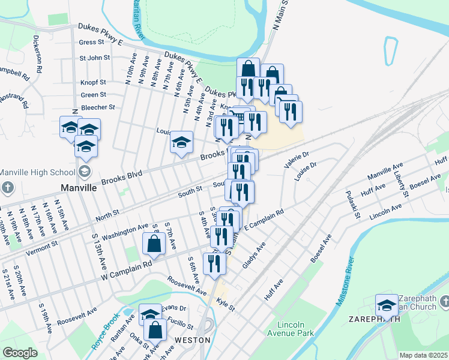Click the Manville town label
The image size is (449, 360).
(x=79, y=187)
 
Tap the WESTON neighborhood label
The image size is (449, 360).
(x=192, y=340)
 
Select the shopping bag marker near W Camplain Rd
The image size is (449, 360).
(x=154, y=244)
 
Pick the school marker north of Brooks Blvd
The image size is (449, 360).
(x=181, y=143)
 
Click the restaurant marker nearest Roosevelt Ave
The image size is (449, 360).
(x=214, y=263)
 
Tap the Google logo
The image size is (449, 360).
(x=20, y=352)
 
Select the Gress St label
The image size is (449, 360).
(x=91, y=42)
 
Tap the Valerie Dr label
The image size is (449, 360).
(x=296, y=160)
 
